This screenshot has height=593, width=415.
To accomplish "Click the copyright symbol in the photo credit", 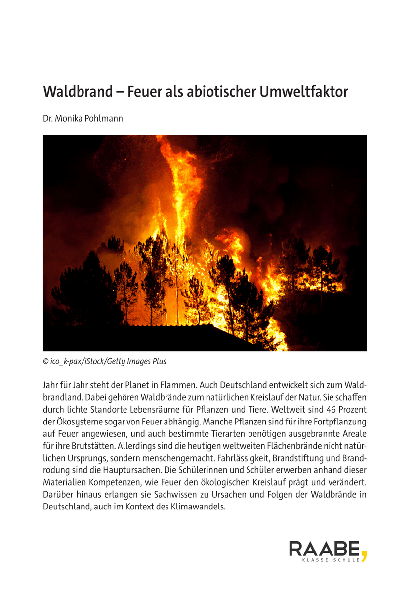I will tap(46, 361).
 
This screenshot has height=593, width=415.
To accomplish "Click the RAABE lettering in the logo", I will tap(324, 549).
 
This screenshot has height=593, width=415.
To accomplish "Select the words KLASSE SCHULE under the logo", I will tap(331, 560).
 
